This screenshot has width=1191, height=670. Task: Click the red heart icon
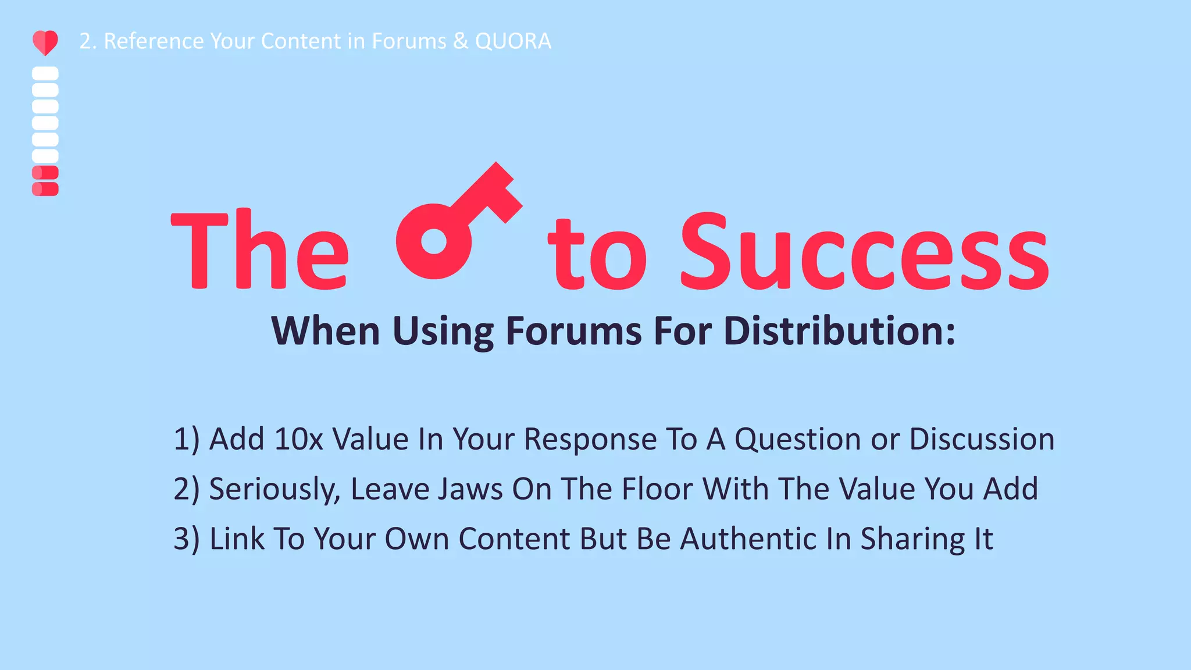pyautogui.click(x=45, y=42)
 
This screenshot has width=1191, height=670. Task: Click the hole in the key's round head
pyautogui.click(x=433, y=241)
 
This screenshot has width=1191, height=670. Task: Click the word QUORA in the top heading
pyautogui.click(x=513, y=41)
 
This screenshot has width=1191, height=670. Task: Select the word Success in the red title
pyautogui.click(x=864, y=253)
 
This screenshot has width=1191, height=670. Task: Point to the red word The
pyautogui.click(x=260, y=250)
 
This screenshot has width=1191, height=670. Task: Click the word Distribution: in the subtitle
pyautogui.click(x=839, y=331)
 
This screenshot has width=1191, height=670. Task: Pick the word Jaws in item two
pyautogui.click(x=470, y=489)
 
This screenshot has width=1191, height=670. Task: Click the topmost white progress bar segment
pyautogui.click(x=45, y=73)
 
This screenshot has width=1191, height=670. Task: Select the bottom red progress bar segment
pyautogui.click(x=45, y=189)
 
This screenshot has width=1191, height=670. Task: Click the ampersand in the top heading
pyautogui.click(x=460, y=41)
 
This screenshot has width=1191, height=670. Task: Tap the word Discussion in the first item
pyautogui.click(x=982, y=439)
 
